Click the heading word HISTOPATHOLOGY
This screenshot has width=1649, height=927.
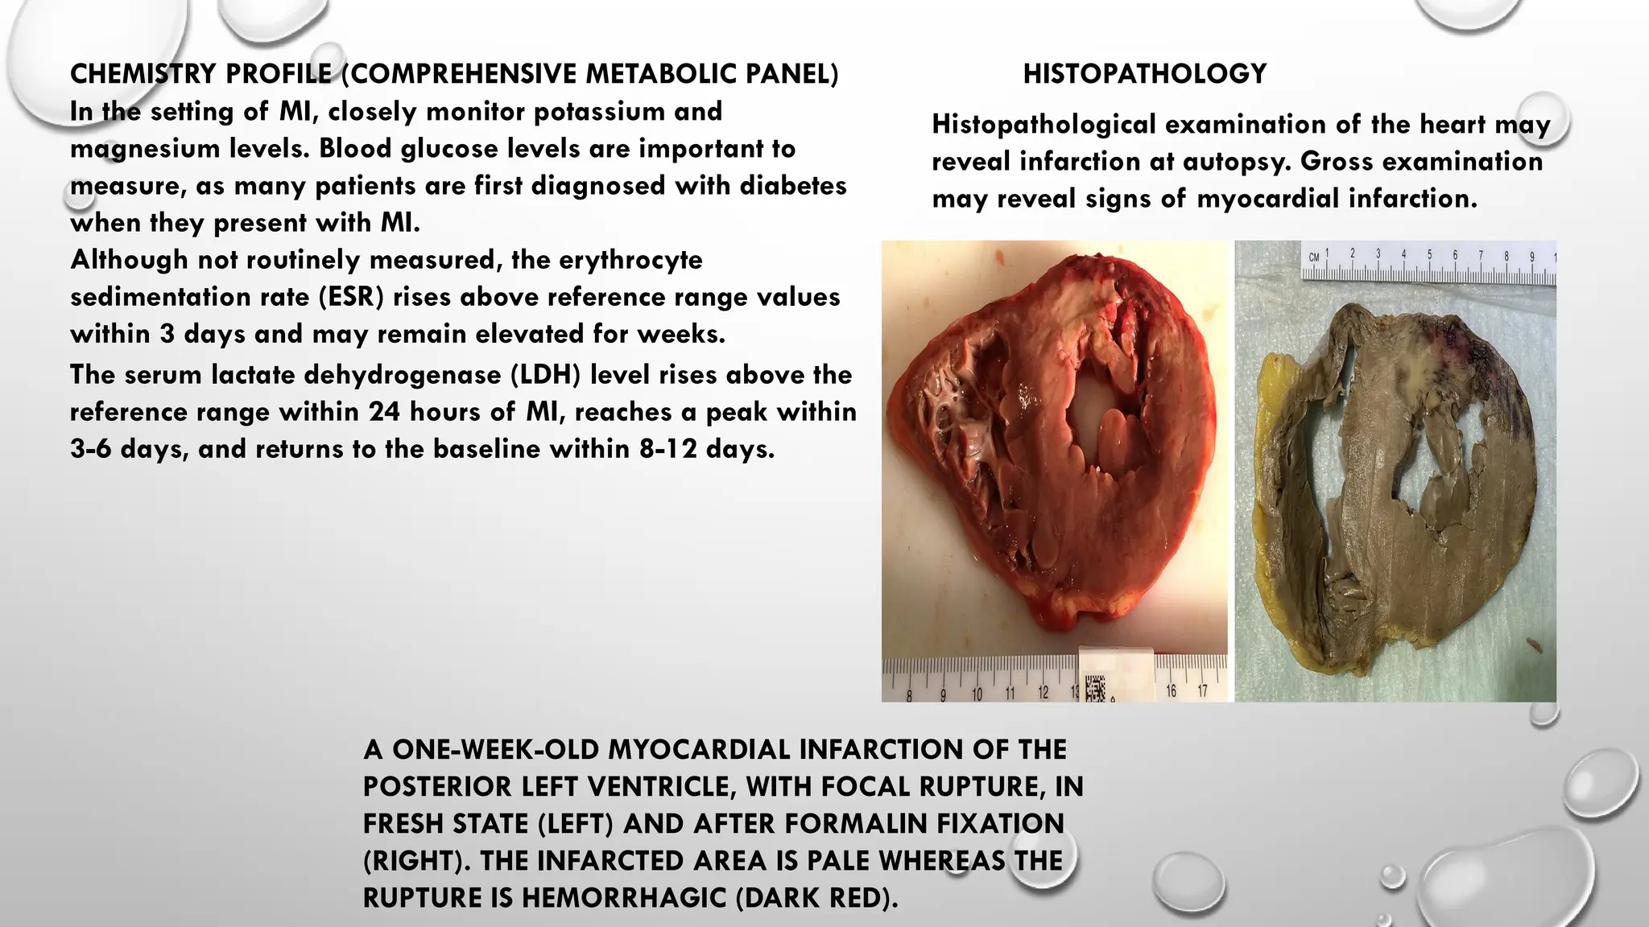coord(1144,74)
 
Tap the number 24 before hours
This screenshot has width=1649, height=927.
coord(385,412)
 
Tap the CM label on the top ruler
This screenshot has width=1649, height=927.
coord(1314,257)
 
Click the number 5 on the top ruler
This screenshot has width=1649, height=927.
coord(1429,255)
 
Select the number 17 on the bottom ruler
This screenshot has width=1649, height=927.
coord(1202,691)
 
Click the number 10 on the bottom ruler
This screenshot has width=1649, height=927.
coord(977,694)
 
